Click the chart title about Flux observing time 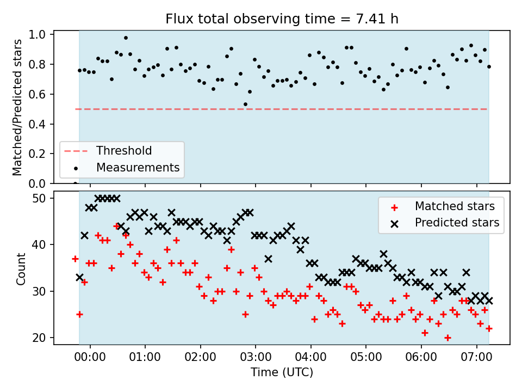pos(282,19)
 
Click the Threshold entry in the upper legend pos(108,151)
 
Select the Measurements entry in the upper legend pos(127,167)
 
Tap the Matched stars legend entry pos(443,206)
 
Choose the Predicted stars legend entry pos(445,223)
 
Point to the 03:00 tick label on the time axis pos(256,357)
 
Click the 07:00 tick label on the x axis pos(476,357)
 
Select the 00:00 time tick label pos(90,357)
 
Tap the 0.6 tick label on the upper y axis pos(38,94)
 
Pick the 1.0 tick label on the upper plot pos(38,35)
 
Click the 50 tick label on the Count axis pos(39,198)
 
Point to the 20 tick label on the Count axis pos(39,338)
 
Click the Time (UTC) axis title pos(282,372)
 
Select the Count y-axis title pos(21,269)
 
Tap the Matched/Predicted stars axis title pos(17,107)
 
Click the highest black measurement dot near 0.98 pos(126,38)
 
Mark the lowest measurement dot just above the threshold pos(245,105)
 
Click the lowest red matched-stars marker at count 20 pos(448,338)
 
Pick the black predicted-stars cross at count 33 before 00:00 pos(79,277)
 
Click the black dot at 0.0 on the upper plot pos(75,183)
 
